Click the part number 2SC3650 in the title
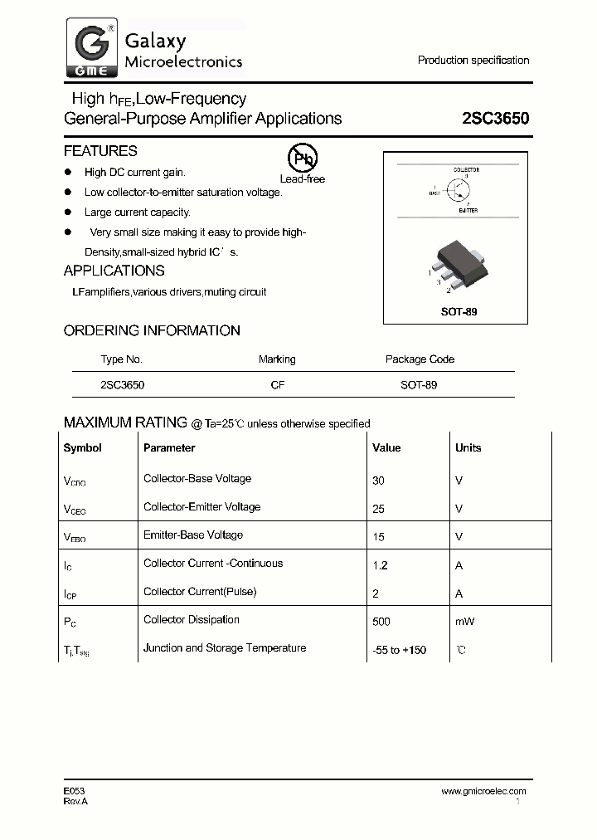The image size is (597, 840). tap(495, 119)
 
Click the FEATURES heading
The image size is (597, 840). tap(100, 151)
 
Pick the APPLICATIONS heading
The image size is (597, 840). tap(114, 271)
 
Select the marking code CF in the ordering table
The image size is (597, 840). tap(277, 385)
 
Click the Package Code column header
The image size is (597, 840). tap(420, 359)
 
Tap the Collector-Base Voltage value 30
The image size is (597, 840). tap(379, 481)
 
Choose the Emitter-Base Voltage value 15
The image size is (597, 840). tap(379, 537)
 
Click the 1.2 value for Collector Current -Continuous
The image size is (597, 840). tap(381, 565)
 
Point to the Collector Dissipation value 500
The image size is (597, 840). tap(381, 622)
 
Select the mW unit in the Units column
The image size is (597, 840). tap(464, 622)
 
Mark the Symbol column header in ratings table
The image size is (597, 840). tap(83, 448)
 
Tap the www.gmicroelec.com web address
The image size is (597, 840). tap(483, 791)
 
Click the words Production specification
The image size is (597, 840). tap(473, 61)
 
